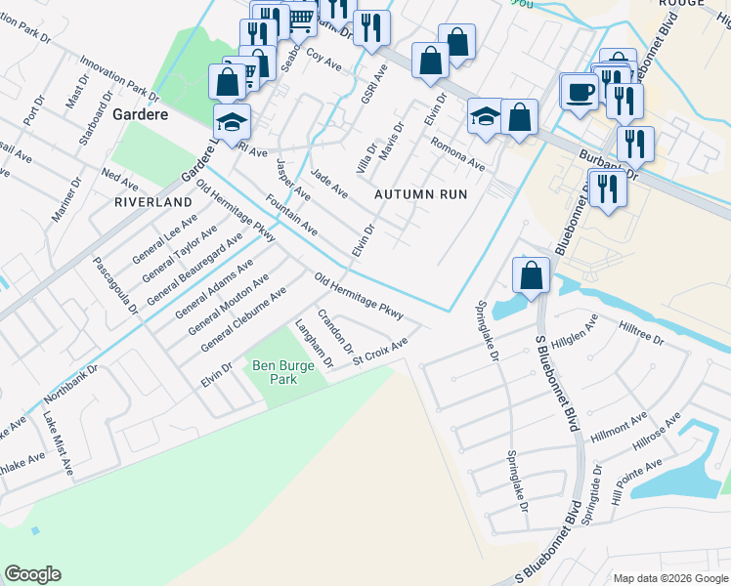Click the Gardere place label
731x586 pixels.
(141, 113)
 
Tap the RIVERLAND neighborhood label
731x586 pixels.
(153, 201)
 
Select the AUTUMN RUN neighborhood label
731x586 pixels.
(421, 194)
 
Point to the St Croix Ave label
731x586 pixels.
(380, 349)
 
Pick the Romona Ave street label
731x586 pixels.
(457, 153)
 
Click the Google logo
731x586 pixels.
(33, 574)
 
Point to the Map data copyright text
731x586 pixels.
(670, 578)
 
